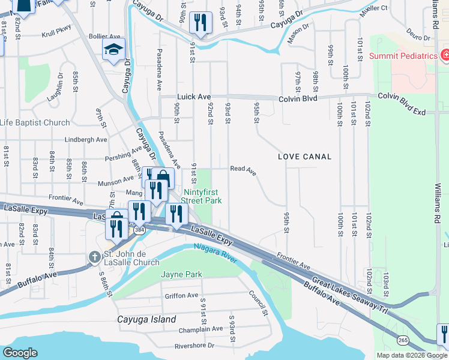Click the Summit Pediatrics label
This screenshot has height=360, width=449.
tap(403, 56)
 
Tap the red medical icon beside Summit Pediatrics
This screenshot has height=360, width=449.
tap(445, 56)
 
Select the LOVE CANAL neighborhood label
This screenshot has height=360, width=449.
tap(305, 157)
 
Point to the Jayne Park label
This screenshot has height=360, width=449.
tap(181, 274)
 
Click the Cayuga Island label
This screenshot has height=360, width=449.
tap(147, 319)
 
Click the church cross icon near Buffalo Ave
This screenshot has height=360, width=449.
tap(94, 257)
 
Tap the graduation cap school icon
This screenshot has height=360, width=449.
tap(113, 51)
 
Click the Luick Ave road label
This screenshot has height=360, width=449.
tap(193, 97)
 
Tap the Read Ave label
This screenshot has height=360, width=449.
tap(243, 170)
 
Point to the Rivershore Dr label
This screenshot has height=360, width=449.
tap(194, 345)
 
